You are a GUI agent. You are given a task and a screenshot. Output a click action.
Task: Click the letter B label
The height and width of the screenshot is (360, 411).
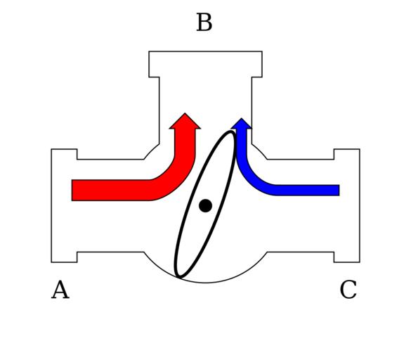pyautogui.click(x=204, y=22)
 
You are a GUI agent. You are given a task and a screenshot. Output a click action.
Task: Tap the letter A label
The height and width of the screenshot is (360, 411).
pyautogui.click(x=60, y=290)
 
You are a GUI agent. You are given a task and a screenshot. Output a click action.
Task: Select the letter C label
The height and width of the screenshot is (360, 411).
pyautogui.click(x=348, y=290)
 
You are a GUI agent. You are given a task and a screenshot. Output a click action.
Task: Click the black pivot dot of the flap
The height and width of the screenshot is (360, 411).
pyautogui.click(x=205, y=205)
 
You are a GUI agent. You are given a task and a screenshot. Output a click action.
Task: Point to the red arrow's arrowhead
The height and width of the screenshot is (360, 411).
pyautogui.click(x=185, y=121)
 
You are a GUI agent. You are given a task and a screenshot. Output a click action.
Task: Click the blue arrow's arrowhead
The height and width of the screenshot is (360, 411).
pyautogui.click(x=242, y=124)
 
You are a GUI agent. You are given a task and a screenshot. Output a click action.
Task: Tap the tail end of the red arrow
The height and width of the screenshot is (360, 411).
pyautogui.click(x=72, y=191)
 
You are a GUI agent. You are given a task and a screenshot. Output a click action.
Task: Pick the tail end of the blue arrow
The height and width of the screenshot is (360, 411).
pyautogui.click(x=339, y=191)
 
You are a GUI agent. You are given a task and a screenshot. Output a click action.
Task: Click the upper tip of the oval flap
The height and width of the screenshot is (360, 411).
pyautogui.click(x=232, y=131)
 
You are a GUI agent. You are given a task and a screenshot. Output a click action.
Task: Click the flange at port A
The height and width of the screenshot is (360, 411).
pyautogui.click(x=64, y=206)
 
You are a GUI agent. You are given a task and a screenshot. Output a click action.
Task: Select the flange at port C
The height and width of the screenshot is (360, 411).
pyautogui.click(x=347, y=206)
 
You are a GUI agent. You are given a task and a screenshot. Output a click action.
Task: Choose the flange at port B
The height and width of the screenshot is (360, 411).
pyautogui.click(x=205, y=64)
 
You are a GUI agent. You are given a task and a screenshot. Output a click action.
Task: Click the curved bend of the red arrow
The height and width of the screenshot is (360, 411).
pyautogui.click(x=175, y=179)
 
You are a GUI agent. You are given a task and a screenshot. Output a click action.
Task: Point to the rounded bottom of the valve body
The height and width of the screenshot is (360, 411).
pyautogui.click(x=205, y=283)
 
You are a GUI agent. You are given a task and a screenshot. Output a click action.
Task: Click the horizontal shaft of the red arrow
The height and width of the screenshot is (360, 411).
pyautogui.click(x=110, y=191)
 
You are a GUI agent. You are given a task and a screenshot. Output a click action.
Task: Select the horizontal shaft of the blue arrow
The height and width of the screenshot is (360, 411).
pyautogui.click(x=307, y=191)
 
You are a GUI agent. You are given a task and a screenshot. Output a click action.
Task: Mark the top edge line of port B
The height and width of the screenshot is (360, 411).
pyautogui.click(x=205, y=51)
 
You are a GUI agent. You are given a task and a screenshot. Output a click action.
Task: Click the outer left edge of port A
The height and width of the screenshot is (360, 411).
pyautogui.click(x=51, y=206)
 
